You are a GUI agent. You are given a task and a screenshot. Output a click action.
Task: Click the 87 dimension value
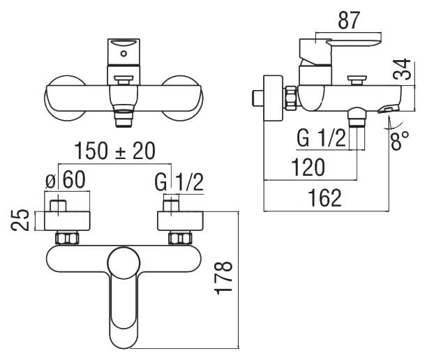pos(349,20)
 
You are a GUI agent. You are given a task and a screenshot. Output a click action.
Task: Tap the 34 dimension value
pos(402,69)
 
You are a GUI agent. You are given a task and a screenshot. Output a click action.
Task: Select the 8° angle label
pos(400,140)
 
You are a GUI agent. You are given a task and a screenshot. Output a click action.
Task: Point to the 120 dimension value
pos(308,167)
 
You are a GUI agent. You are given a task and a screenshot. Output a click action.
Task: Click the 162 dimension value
pos(324,198)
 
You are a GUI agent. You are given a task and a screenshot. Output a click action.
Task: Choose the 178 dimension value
pos(224,278)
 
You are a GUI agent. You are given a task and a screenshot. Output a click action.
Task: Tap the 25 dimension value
pos(20,220)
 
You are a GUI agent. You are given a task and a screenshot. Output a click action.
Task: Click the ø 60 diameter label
pos(66,180)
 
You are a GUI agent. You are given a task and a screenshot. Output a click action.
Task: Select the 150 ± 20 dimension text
pos(115,151)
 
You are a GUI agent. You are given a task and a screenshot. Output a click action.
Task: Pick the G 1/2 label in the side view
pos(322,138)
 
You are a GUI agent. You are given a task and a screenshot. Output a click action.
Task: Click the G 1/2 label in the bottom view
pos(179,182)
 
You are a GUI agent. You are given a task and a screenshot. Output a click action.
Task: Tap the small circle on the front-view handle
pos(124,54)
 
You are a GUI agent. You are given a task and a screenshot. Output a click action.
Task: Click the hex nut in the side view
pos(291,98)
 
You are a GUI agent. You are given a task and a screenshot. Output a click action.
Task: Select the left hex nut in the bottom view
pos(67,238)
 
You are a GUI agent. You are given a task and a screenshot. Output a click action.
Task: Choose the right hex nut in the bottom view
pos(180,238)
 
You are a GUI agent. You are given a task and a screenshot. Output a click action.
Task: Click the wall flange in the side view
pos(273,98)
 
